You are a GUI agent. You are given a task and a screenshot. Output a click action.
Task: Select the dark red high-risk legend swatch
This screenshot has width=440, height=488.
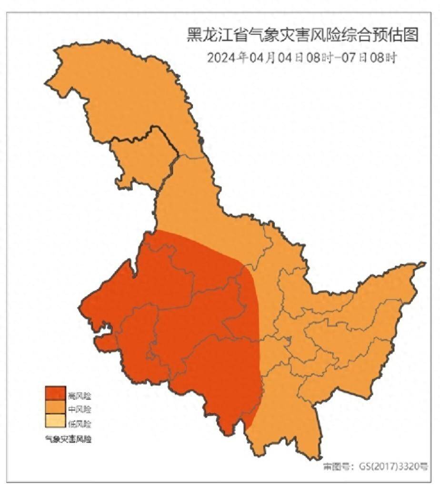55,394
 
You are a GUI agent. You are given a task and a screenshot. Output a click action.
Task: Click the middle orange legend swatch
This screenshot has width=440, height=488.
55,408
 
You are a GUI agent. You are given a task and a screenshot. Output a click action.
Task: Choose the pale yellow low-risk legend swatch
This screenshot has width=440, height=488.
55,422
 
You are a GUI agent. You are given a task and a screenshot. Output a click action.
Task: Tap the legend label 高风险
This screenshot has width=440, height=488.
79,396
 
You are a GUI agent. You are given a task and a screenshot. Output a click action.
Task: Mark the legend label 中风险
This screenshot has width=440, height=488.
79,409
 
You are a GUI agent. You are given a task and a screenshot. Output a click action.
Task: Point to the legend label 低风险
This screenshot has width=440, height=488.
79,423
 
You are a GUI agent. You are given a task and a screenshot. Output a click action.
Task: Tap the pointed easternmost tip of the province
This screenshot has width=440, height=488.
424,264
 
